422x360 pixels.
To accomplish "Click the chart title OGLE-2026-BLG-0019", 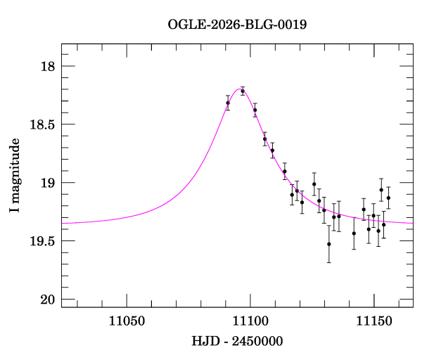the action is click(x=237, y=25).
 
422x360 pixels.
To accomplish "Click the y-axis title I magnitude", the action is click(x=15, y=175).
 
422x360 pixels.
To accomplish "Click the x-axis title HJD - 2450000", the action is click(x=237, y=341).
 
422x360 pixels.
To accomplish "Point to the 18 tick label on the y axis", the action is click(x=48, y=66).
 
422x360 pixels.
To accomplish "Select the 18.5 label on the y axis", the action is click(x=42, y=124).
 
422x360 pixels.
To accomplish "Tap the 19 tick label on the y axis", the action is click(x=48, y=183).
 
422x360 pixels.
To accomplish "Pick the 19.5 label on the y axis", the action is click(x=42, y=241).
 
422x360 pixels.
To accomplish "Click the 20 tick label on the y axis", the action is click(x=48, y=300).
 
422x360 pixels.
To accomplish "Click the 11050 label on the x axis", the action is click(x=127, y=321).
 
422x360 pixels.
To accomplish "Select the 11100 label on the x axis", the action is click(x=250, y=321).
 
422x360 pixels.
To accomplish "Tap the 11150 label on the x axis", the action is click(x=374, y=321).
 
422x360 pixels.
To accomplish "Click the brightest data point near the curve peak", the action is click(x=243, y=91).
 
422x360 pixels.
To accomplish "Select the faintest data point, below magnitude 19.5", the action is click(x=329, y=244).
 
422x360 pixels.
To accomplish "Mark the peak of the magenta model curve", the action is click(x=239, y=89).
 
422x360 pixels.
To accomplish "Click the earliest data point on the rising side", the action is click(x=228, y=103).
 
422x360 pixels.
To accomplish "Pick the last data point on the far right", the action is click(x=388, y=198).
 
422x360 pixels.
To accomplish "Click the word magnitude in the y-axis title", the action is click(x=15, y=169).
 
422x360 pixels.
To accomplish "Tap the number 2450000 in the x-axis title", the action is click(x=257, y=341).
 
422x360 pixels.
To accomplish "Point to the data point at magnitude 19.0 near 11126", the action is click(x=314, y=184).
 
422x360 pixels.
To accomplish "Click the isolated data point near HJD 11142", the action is click(x=354, y=233).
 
